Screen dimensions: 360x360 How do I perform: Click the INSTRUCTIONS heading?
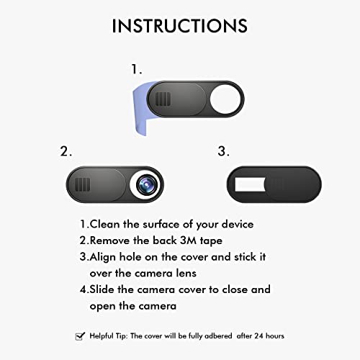point(179,26)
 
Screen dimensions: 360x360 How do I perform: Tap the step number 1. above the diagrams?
point(137,70)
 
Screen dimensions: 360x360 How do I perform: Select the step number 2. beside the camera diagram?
point(66,152)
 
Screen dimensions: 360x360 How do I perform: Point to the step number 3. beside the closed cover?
point(222,152)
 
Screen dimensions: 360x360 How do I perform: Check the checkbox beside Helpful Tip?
point(80,336)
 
